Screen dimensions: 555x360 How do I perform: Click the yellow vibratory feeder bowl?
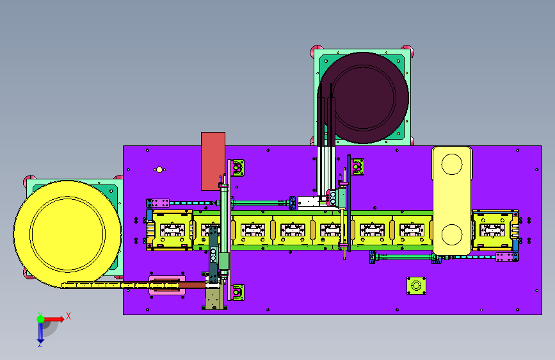coord(67,234)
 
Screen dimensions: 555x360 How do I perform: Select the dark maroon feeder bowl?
coord(363,98)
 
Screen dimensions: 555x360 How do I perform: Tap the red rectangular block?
coord(213,161)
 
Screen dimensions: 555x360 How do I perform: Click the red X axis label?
coord(68,316)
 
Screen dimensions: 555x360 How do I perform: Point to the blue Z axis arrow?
coord(40,333)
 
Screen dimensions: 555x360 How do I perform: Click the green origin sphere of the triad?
coord(41,319)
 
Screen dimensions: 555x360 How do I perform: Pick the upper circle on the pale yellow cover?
coord(452,164)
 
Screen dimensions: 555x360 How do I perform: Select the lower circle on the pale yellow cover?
coord(452,234)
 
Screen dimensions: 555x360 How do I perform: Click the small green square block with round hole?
coord(416,286)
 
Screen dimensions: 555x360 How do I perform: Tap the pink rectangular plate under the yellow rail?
coord(167,285)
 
